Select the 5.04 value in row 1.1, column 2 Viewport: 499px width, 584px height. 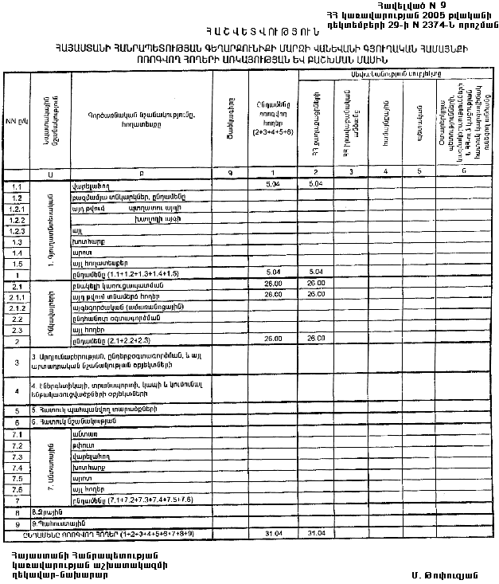[315, 184]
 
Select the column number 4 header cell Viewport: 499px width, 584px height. [384, 172]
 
